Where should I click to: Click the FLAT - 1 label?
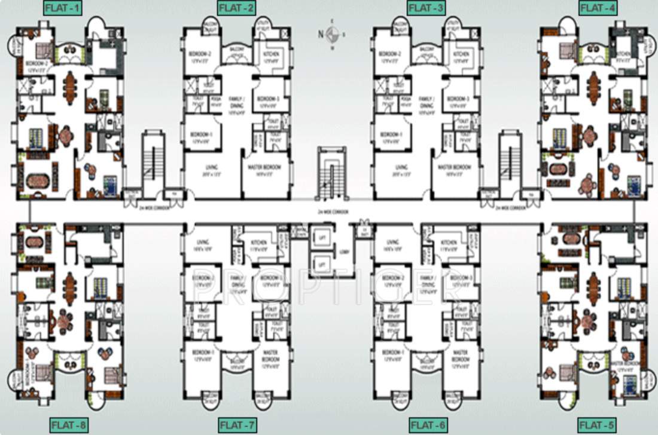(x=63, y=8)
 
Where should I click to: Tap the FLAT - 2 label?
(x=236, y=8)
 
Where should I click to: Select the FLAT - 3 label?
(x=425, y=8)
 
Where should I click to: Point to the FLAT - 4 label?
(x=598, y=8)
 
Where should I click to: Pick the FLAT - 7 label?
(x=237, y=426)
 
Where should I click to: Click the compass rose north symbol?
(x=333, y=33)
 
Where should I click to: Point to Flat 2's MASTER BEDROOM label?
(x=263, y=167)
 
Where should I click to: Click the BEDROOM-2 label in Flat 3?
(x=389, y=54)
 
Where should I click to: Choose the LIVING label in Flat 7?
(x=202, y=242)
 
